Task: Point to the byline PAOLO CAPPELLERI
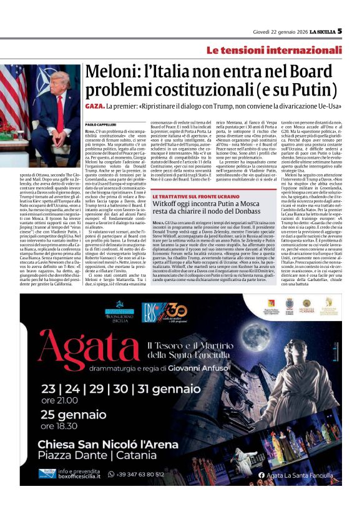[x=102, y=124]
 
